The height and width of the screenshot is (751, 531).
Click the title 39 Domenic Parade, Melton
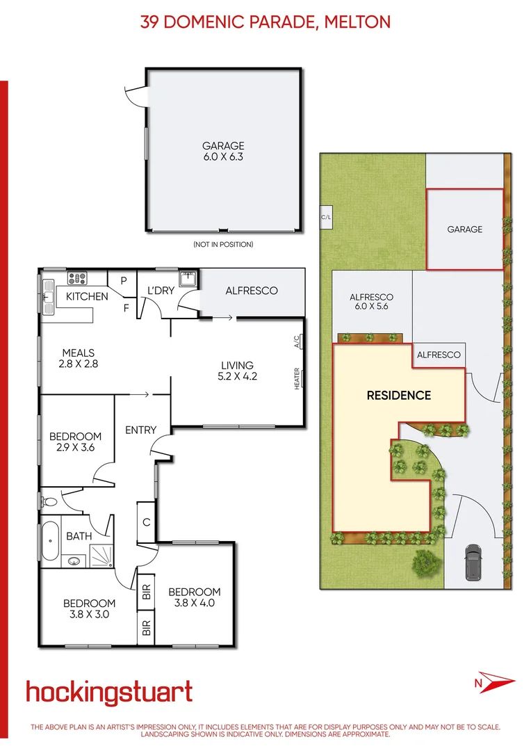click(265, 22)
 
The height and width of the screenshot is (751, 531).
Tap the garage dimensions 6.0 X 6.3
click(223, 157)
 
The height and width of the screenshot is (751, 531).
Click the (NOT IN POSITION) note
click(223, 244)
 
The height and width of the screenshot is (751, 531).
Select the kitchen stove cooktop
click(76, 279)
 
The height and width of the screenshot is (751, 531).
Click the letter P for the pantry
click(124, 281)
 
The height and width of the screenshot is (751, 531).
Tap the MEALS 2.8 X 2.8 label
click(77, 358)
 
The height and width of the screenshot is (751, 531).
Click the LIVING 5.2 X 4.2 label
click(237, 371)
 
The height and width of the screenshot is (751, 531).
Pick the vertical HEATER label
click(297, 378)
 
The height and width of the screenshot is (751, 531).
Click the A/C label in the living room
click(297, 341)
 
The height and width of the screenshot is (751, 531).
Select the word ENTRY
click(140, 430)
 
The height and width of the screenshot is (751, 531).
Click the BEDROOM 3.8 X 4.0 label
click(195, 597)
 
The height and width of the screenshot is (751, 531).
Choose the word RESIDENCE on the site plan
click(399, 395)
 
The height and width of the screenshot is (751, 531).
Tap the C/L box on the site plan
click(325, 217)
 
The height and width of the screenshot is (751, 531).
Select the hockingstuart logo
click(109, 693)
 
